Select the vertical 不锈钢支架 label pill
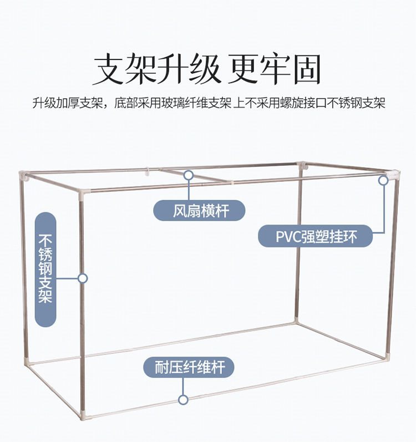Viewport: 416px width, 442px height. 45,269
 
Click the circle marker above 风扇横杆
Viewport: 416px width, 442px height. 189,175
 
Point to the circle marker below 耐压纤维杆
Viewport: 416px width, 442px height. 183,399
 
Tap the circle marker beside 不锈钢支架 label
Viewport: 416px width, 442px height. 83,278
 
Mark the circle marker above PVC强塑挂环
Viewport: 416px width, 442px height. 383,180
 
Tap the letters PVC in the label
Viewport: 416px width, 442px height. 288,237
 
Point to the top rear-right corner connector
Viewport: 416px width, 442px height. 302,165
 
